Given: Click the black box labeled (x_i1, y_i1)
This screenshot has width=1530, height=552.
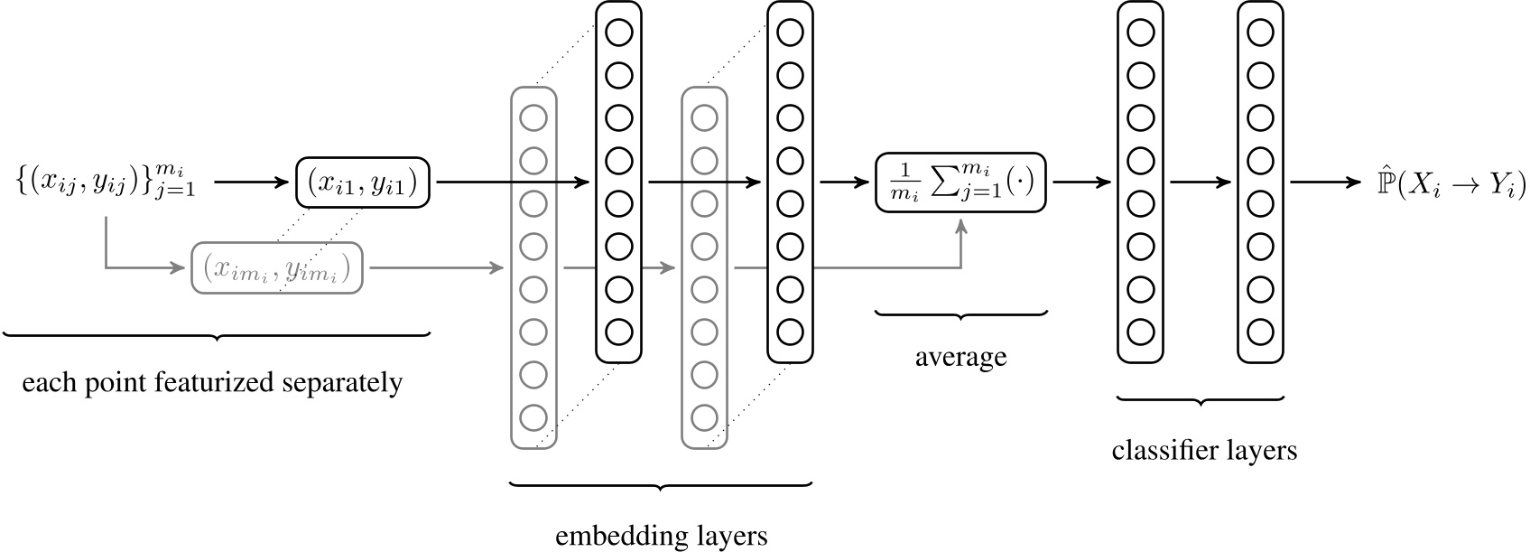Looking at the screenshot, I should pyautogui.click(x=363, y=183).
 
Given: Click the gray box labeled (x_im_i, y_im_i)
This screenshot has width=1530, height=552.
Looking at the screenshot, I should pyautogui.click(x=276, y=267).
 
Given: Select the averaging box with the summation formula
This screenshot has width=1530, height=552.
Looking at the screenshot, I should pyautogui.click(x=960, y=183).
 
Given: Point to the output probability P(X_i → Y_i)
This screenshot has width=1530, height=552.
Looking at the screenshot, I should pyautogui.click(x=1450, y=184).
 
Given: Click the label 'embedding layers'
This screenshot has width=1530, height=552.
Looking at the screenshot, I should pyautogui.click(x=662, y=535).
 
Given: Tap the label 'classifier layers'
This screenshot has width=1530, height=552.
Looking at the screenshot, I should pyautogui.click(x=1204, y=449).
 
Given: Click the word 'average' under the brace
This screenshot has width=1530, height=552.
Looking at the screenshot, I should pyautogui.click(x=960, y=357).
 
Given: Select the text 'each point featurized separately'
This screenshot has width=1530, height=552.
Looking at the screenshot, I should pyautogui.click(x=212, y=383).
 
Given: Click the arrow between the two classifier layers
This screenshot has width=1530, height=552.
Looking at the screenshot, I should pyautogui.click(x=1201, y=182).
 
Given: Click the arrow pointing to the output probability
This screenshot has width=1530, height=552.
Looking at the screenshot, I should pyautogui.click(x=1324, y=182).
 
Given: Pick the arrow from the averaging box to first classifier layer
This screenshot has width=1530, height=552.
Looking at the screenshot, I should pyautogui.click(x=1080, y=182).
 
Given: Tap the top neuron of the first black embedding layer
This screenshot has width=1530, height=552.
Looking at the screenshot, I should pyautogui.click(x=619, y=33).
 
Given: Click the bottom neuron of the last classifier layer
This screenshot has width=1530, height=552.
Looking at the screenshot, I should pyautogui.click(x=1260, y=332).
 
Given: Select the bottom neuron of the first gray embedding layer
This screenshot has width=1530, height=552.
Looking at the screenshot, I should pyautogui.click(x=533, y=417).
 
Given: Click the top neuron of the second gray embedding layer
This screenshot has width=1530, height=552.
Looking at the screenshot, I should pyautogui.click(x=704, y=118).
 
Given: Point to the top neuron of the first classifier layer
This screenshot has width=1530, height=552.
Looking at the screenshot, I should pyautogui.click(x=1140, y=33).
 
